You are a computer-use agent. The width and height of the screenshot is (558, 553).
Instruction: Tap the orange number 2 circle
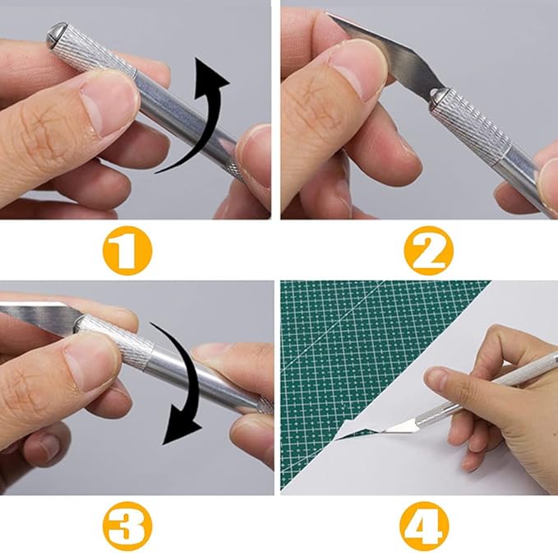430,251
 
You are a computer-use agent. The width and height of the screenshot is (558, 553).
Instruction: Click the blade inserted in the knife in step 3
37,314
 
